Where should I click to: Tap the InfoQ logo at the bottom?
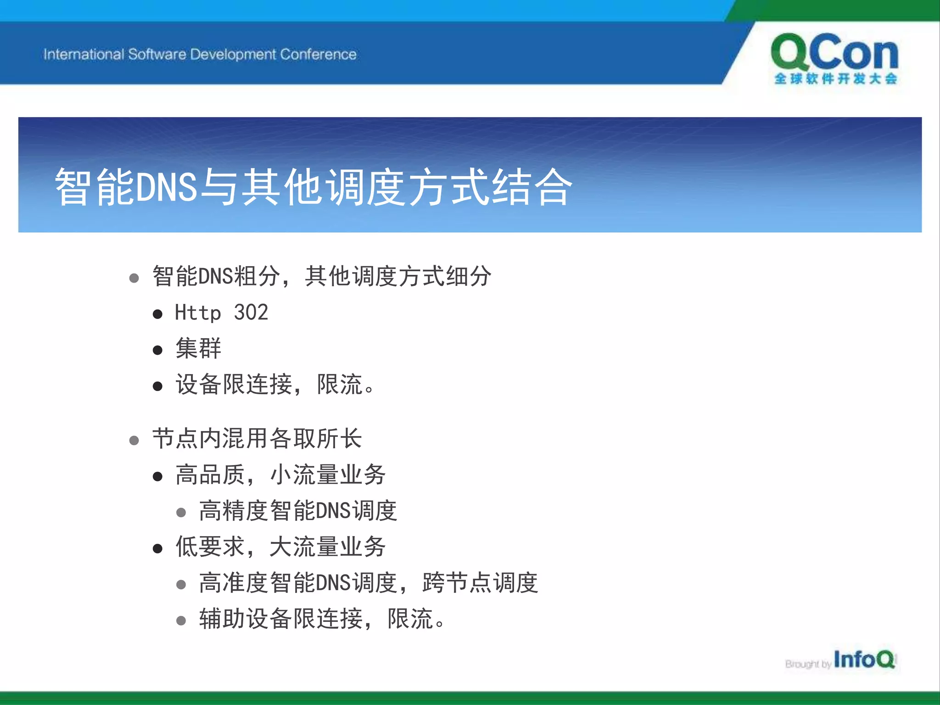point(864,660)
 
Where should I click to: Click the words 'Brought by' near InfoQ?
point(808,664)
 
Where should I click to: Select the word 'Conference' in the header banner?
point(318,55)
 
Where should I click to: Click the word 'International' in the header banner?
point(84,55)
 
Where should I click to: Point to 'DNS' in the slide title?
point(167,187)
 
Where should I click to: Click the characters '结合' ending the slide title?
point(532,187)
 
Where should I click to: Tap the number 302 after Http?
point(251,313)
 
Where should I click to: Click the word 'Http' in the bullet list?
point(198,313)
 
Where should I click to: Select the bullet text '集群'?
point(198,348)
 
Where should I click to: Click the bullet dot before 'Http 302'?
point(157,314)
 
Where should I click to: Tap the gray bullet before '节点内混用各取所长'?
point(134,441)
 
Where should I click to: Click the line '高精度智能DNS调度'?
point(298,511)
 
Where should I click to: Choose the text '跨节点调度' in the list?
point(480,583)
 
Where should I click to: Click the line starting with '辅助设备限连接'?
point(321,619)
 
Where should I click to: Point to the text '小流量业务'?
point(328,475)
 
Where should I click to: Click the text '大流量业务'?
point(328,547)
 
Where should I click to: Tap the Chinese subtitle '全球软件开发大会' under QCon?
point(835,79)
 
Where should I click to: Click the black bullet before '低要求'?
point(157,548)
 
